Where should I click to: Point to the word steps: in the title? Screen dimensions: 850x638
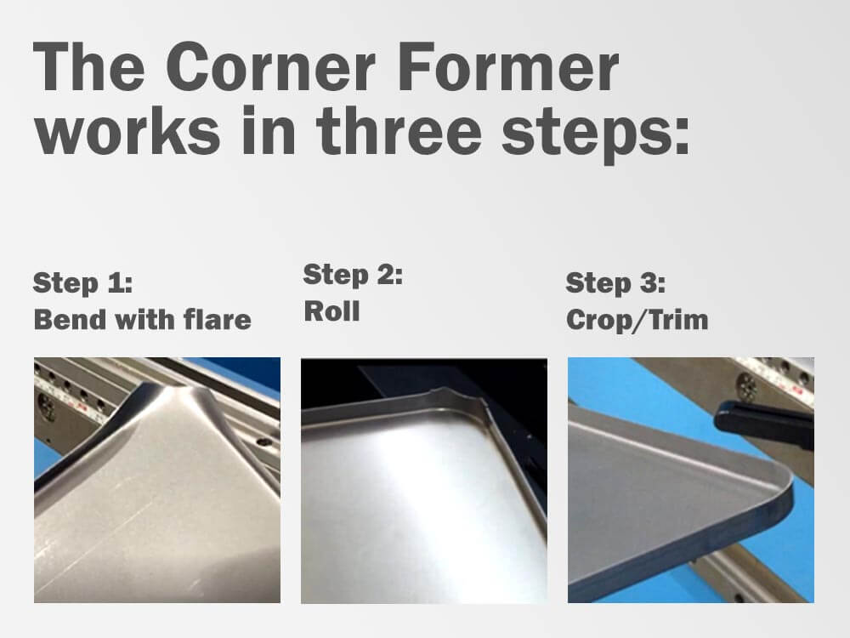tap(596, 134)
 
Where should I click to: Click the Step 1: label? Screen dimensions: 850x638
tap(83, 282)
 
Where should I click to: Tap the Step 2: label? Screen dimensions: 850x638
tap(353, 274)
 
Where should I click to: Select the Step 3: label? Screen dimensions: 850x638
tap(615, 282)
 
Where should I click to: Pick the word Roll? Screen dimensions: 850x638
tap(331, 311)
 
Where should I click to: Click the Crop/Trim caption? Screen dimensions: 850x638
tap(637, 320)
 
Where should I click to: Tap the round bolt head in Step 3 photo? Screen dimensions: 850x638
tap(746, 387)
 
